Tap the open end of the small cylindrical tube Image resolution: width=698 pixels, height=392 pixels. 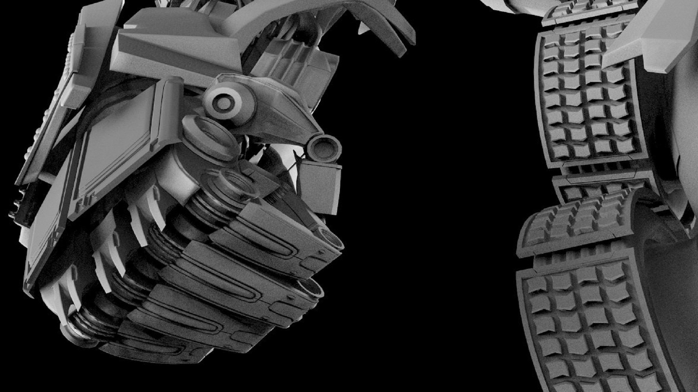pos(325,148)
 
